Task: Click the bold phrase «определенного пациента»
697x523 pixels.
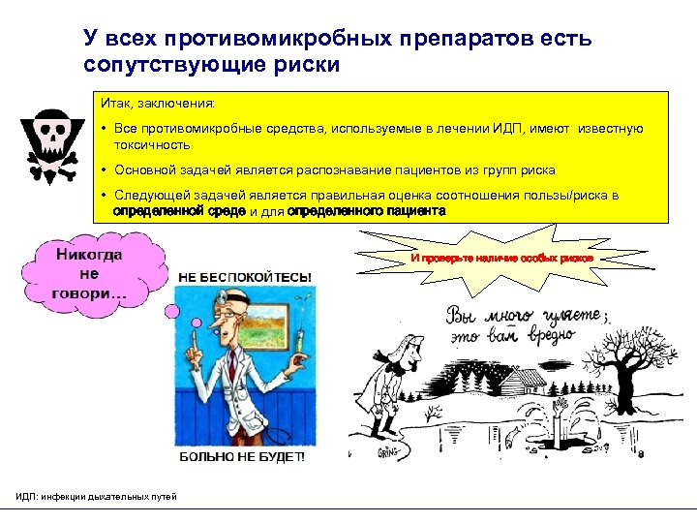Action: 367,210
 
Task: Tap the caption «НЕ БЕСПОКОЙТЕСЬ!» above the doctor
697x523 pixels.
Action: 245,277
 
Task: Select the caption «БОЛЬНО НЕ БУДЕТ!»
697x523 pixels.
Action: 240,456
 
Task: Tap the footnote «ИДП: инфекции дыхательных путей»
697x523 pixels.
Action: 97,497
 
